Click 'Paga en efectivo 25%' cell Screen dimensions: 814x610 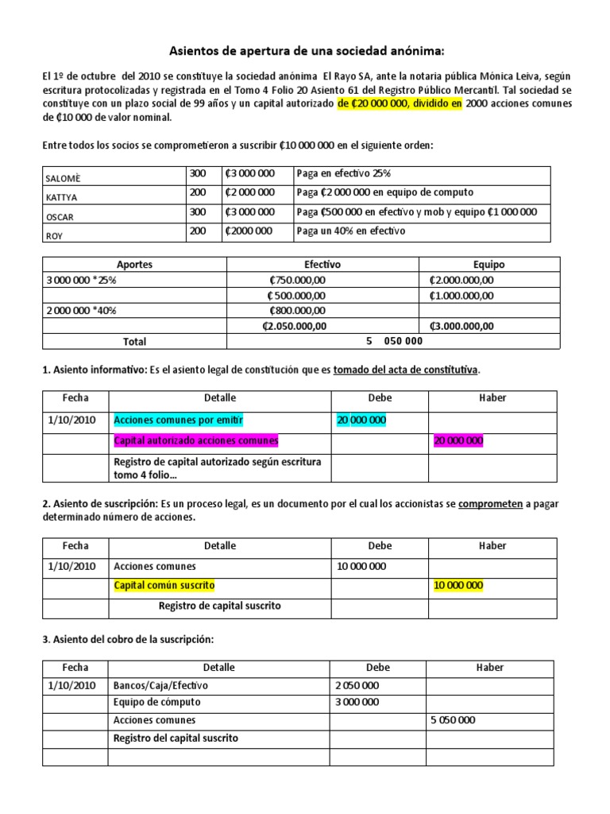click(x=343, y=173)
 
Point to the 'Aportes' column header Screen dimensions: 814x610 click(x=134, y=265)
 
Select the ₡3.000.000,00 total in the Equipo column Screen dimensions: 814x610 click(x=461, y=325)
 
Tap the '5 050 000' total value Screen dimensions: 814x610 click(x=395, y=341)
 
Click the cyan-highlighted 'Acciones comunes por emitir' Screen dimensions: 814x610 click(x=179, y=419)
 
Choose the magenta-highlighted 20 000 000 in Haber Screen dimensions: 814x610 click(x=458, y=440)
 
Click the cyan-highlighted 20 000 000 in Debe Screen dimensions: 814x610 click(x=361, y=419)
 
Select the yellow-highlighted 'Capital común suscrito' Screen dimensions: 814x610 click(x=164, y=586)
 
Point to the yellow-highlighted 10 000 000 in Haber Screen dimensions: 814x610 click(x=458, y=586)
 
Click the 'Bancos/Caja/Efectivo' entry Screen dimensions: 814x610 click(x=162, y=684)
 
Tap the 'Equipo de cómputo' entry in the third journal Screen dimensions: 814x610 click(x=157, y=702)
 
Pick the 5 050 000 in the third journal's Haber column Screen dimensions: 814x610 click(x=452, y=720)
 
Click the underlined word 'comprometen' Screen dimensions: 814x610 click(x=490, y=504)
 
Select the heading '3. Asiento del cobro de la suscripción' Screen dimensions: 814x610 click(x=127, y=640)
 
